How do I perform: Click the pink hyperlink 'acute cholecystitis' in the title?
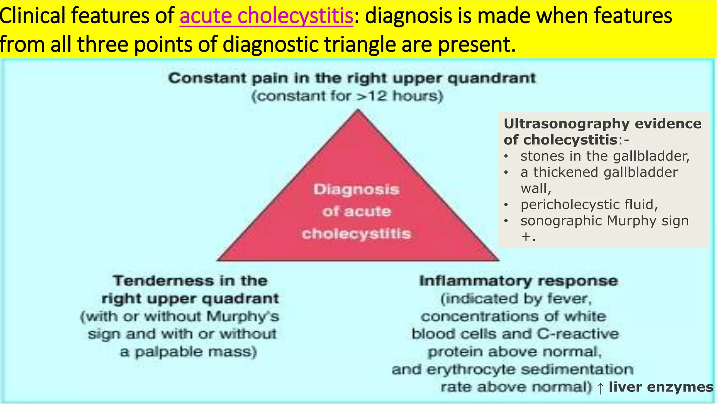tap(266, 16)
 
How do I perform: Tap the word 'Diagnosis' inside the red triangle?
tap(356, 189)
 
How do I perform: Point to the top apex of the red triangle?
tap(358, 110)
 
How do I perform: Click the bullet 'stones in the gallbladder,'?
tap(605, 156)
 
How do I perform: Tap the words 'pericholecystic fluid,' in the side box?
tap(589, 204)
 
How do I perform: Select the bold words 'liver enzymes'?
tap(661, 387)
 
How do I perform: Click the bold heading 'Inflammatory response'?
tap(519, 281)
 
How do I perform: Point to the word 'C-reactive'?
tap(578, 334)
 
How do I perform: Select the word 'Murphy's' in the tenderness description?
tap(243, 316)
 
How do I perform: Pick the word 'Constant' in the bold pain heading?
tap(207, 78)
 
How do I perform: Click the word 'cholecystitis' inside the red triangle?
tap(356, 234)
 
